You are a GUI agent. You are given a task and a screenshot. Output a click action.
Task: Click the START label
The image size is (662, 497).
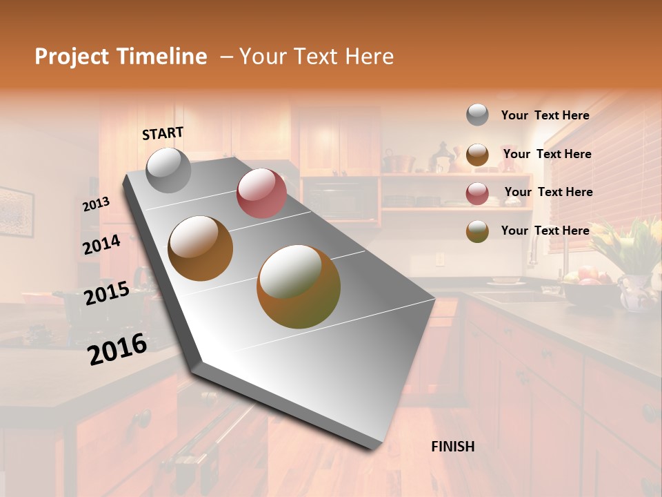coord(163,133)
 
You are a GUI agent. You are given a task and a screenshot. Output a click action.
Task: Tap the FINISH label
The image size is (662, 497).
coord(452,447)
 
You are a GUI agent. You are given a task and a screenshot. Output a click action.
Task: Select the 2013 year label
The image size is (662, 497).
coord(96,204)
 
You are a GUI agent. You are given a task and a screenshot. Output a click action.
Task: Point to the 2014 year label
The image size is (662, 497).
coord(101,245)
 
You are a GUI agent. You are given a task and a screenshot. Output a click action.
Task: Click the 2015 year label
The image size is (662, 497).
coord(106,293)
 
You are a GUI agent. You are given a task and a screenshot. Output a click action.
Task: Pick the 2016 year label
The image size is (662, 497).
coord(117,349)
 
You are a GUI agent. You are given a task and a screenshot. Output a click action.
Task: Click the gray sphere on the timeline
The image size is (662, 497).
coord(168,170)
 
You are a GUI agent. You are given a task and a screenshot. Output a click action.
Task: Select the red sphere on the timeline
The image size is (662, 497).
coord(261,193)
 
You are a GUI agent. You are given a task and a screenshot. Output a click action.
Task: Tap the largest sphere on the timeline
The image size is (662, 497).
coord(299,286)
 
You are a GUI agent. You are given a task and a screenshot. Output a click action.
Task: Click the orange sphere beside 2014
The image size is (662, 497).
coord(201,248)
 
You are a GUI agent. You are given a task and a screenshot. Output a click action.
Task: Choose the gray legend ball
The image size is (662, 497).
coord(477,115)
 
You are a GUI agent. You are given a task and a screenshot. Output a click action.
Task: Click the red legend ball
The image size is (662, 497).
coord(477,193)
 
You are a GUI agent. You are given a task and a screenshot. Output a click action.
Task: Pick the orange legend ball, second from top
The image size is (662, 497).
coord(477,155)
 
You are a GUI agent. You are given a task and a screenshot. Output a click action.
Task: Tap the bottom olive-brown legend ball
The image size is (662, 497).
coord(477,231)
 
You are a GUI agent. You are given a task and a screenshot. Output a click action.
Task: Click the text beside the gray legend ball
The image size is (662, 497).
coord(545,115)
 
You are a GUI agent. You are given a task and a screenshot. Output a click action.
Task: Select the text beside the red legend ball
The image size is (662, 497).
coord(548,192)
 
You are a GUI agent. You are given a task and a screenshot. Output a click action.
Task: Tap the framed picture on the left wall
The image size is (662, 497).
coord(15,211)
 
